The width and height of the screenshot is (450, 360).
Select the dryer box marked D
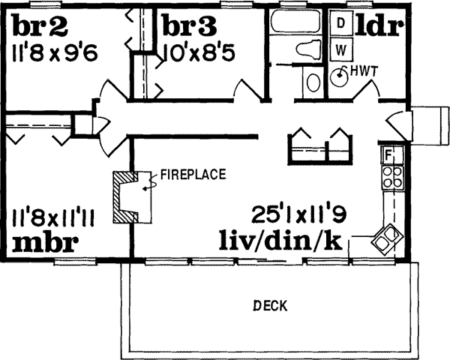[x=340, y=23]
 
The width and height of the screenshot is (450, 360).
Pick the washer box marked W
[x=340, y=50]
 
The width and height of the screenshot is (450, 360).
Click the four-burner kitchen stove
[x=390, y=178]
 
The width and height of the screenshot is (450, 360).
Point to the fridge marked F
[x=388, y=155]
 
